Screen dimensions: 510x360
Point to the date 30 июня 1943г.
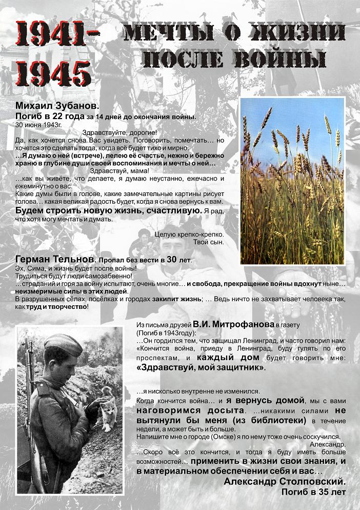click(x=39, y=124)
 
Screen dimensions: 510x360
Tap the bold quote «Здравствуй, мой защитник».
click(x=201, y=367)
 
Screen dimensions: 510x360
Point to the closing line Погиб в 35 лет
click(x=313, y=492)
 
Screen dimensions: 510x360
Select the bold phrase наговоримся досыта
click(x=189, y=411)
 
